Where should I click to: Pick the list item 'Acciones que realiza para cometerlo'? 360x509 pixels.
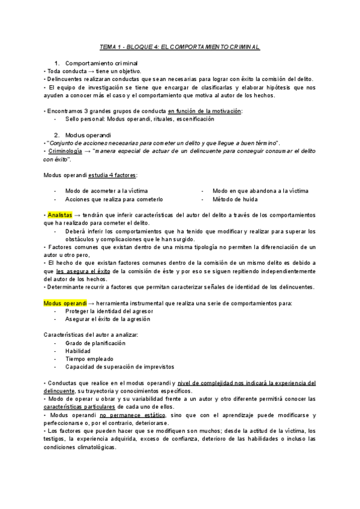click(114, 199)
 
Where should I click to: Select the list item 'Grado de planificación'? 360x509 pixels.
click(95, 343)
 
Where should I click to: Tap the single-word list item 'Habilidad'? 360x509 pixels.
click(78, 351)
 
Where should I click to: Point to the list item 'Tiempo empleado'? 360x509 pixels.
click(89, 358)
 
